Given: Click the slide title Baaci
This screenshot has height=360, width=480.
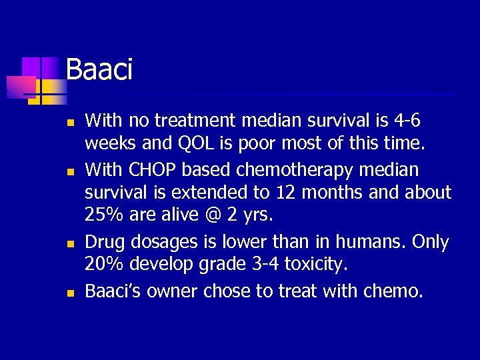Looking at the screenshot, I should (99, 69).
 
